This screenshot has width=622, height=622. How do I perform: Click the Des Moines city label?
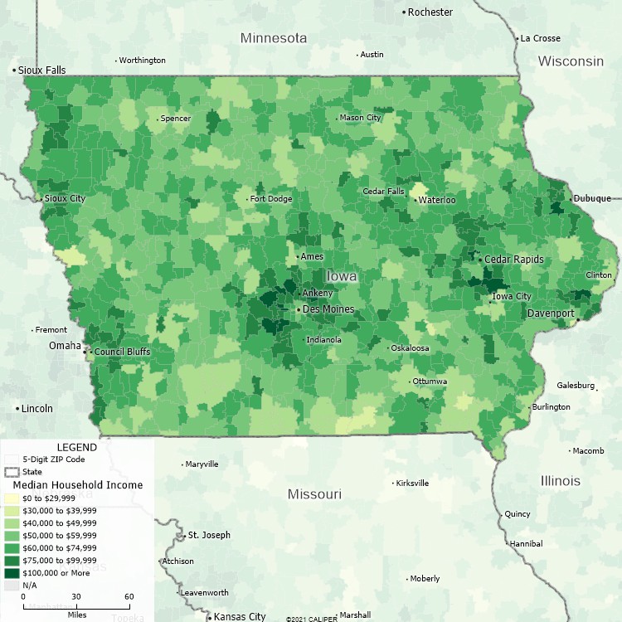[x=328, y=309]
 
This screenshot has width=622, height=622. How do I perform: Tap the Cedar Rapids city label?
[x=514, y=260]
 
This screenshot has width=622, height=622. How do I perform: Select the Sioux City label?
[x=66, y=199]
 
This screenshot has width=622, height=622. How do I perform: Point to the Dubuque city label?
[x=592, y=198]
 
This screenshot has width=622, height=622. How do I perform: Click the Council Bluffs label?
[x=122, y=352]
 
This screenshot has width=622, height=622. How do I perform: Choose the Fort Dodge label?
[x=271, y=199]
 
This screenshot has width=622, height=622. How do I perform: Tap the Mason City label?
[x=361, y=118]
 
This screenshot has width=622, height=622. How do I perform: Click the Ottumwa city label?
[x=430, y=381]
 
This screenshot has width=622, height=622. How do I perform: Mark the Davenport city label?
[x=551, y=313]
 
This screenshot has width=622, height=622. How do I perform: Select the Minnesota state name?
[x=274, y=38]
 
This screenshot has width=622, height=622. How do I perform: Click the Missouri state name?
[x=314, y=494]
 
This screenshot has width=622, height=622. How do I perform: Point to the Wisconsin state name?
[x=571, y=61]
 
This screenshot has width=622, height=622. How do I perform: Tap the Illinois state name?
[x=561, y=481]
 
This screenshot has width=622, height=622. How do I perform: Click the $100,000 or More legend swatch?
[x=12, y=572]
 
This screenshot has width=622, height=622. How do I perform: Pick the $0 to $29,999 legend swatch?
[x=12, y=498]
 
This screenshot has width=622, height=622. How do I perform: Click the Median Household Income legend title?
[x=72, y=484]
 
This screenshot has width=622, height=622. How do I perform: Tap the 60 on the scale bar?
[x=129, y=597]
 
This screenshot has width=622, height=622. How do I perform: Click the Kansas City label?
[x=240, y=616]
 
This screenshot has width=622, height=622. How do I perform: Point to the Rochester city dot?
[x=404, y=12]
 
